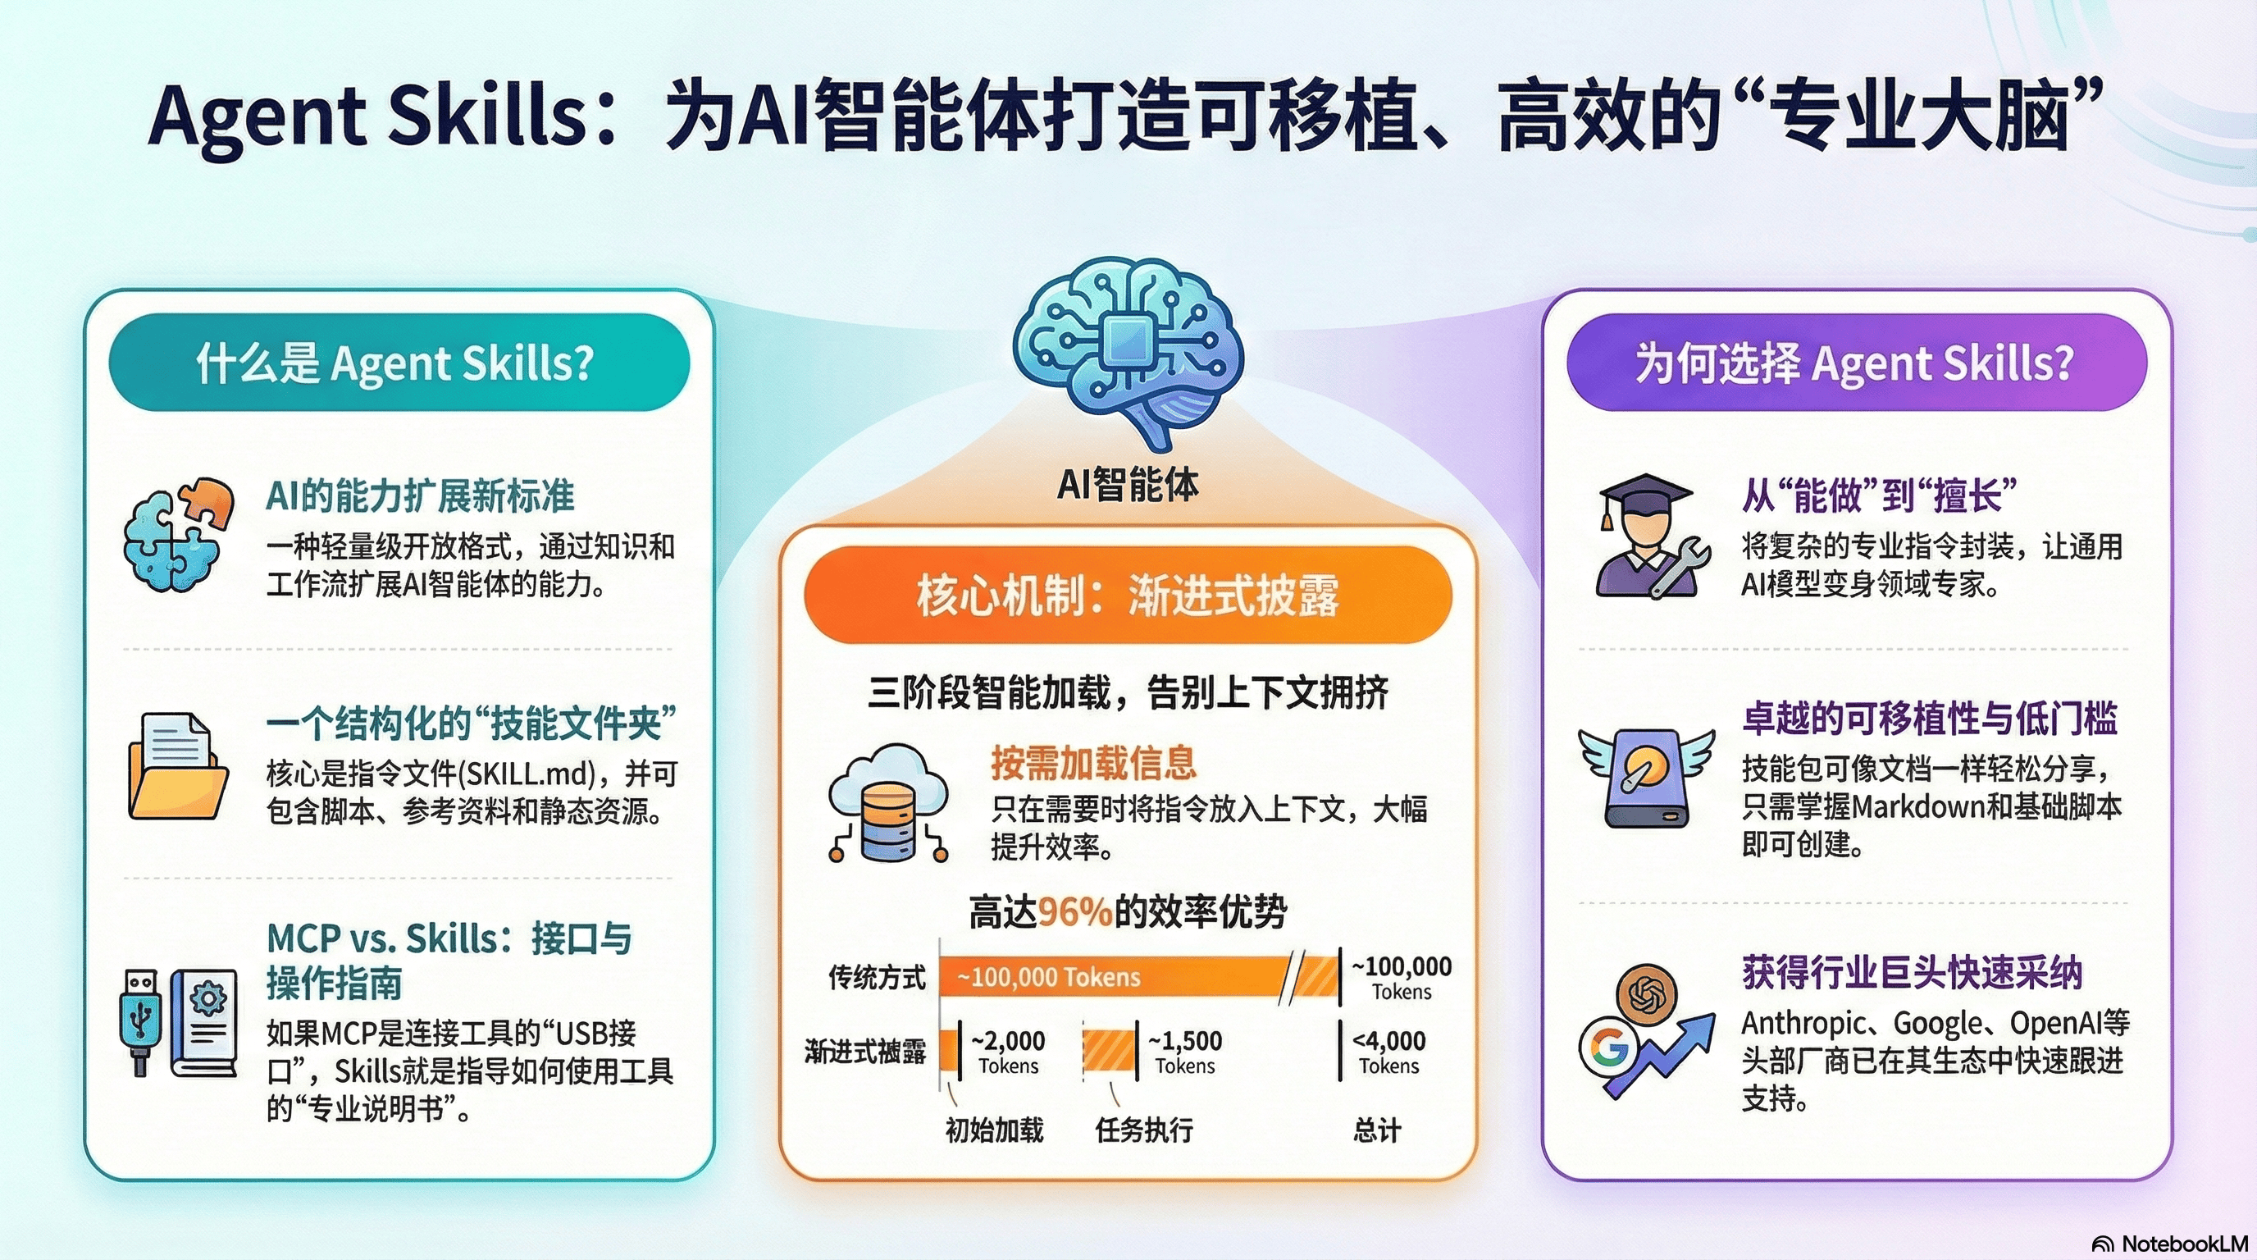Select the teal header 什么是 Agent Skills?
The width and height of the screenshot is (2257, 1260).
pos(398,362)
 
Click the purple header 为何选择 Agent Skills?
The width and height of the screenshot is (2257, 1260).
pos(1856,362)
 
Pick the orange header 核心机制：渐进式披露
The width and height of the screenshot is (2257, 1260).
pos(1128,595)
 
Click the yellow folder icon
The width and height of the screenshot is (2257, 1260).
pos(177,768)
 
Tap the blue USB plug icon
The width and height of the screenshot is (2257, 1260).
pos(140,1020)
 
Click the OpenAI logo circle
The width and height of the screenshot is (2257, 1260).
pos(1646,993)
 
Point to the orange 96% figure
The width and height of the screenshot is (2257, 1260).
pos(1076,912)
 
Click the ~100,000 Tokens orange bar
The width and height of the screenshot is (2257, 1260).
pos(1113,976)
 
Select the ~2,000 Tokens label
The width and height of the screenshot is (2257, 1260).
pos(1009,1052)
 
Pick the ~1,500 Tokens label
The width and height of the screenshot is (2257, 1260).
pos(1185,1052)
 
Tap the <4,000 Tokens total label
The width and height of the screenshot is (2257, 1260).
pos(1389,1052)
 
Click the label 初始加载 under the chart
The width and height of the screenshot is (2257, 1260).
pos(995,1130)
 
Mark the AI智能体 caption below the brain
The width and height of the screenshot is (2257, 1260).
pos(1128,484)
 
